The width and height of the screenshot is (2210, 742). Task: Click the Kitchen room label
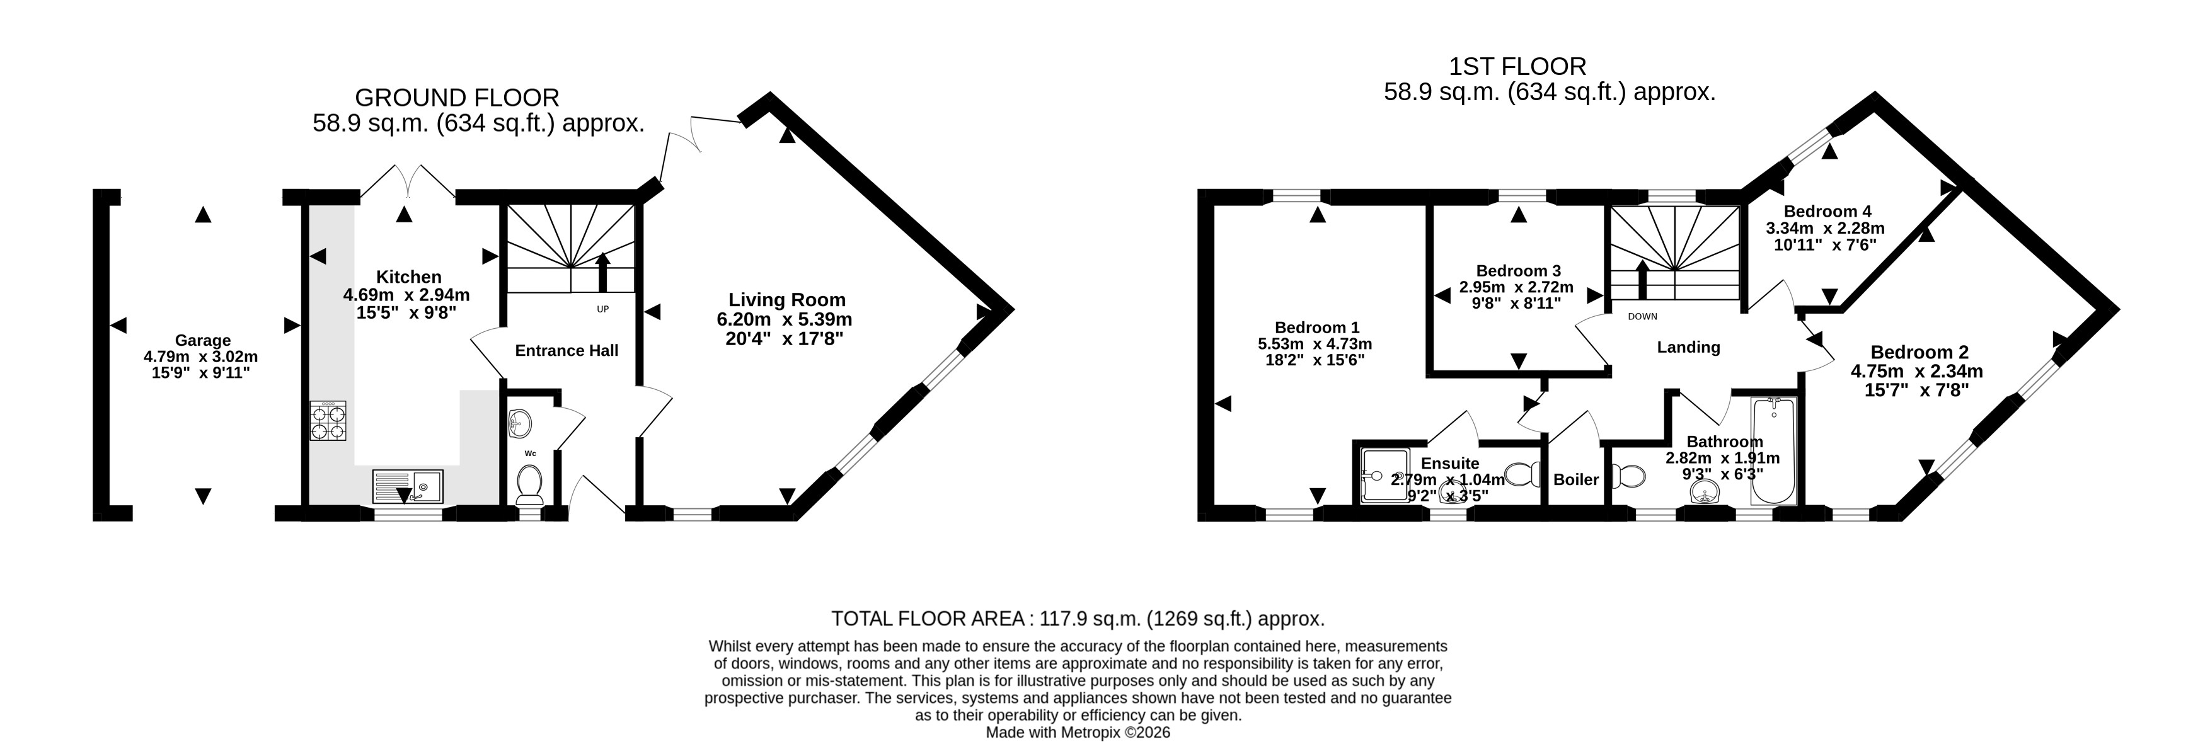coord(409,277)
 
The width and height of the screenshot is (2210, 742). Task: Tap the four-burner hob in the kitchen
coord(328,421)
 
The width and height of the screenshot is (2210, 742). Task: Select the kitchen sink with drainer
coord(408,486)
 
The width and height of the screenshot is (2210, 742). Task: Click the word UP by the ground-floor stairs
coord(603,309)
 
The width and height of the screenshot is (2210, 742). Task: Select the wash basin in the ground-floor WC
coord(520,422)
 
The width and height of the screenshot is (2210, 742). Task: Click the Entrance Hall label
coord(567,350)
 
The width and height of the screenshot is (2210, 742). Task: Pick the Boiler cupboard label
coord(1576,479)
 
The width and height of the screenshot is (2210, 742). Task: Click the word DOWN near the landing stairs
coord(1642,317)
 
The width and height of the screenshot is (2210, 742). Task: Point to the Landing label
coord(1688,348)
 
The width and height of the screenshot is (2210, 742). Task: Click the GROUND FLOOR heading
coord(458,98)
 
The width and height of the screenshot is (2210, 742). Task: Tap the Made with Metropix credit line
coord(1078,733)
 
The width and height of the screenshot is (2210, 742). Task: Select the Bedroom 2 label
coord(1919,351)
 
